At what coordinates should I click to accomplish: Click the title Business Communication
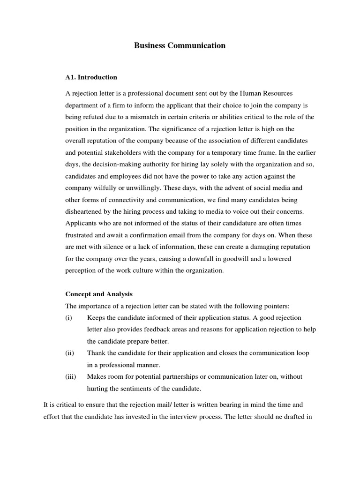[x=180, y=46]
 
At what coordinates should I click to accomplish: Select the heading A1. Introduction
[x=91, y=77]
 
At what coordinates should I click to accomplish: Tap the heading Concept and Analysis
[x=99, y=294]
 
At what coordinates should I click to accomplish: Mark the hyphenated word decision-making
[x=103, y=165]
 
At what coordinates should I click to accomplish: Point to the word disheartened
[x=84, y=211]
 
